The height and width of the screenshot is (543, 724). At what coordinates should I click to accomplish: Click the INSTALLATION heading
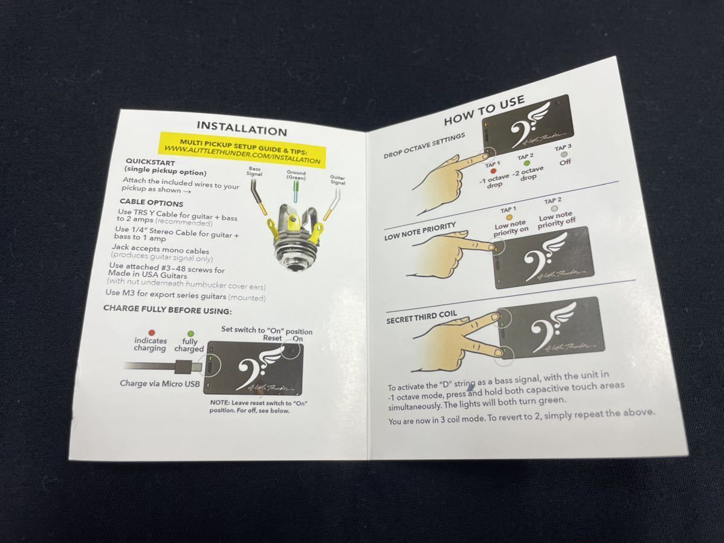[242, 128]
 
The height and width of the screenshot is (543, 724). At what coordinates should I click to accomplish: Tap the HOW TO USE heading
[484, 111]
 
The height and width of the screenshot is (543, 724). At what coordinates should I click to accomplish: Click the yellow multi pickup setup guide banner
[243, 149]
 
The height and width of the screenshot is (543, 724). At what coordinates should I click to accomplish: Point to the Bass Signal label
[254, 172]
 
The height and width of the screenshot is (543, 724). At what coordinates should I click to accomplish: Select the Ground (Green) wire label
[296, 175]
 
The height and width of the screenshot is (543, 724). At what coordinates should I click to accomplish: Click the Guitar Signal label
[338, 180]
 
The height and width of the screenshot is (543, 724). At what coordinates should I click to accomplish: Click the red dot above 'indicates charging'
[152, 332]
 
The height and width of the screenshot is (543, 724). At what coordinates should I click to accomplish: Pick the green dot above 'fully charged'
[190, 334]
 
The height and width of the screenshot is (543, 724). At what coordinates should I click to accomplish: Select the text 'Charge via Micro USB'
[160, 383]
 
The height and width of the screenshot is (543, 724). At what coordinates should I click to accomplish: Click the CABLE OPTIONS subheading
[152, 203]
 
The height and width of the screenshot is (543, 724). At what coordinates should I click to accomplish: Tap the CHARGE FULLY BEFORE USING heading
[167, 310]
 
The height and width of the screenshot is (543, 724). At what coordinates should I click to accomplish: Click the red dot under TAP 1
[493, 172]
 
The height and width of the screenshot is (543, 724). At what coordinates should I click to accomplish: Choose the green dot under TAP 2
[526, 164]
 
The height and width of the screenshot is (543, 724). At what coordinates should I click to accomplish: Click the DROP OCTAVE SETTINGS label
[424, 146]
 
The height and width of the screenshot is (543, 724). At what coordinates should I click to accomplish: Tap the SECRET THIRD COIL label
[422, 317]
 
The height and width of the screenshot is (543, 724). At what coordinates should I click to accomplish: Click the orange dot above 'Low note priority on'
[509, 217]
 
